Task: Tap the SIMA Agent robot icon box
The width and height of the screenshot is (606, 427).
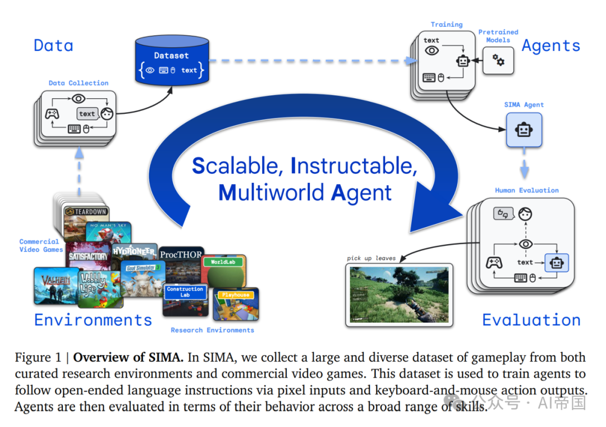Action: pyautogui.click(x=524, y=130)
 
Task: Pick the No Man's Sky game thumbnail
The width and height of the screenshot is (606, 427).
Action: pyautogui.click(x=109, y=232)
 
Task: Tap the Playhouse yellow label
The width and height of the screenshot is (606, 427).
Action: pyautogui.click(x=236, y=295)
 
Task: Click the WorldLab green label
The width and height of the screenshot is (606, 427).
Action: pyautogui.click(x=223, y=262)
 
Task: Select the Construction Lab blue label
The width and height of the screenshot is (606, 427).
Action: pyautogui.click(x=185, y=292)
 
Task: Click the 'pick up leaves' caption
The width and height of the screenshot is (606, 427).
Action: pyautogui.click(x=371, y=258)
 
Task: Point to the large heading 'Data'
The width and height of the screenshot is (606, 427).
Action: pyautogui.click(x=53, y=45)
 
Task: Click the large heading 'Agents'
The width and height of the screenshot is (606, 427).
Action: pyautogui.click(x=551, y=45)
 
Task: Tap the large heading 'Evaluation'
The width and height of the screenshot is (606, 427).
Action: pyautogui.click(x=531, y=320)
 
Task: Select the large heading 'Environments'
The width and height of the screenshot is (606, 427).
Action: pyautogui.click(x=93, y=320)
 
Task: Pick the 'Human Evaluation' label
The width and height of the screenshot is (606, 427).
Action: pyautogui.click(x=526, y=190)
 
